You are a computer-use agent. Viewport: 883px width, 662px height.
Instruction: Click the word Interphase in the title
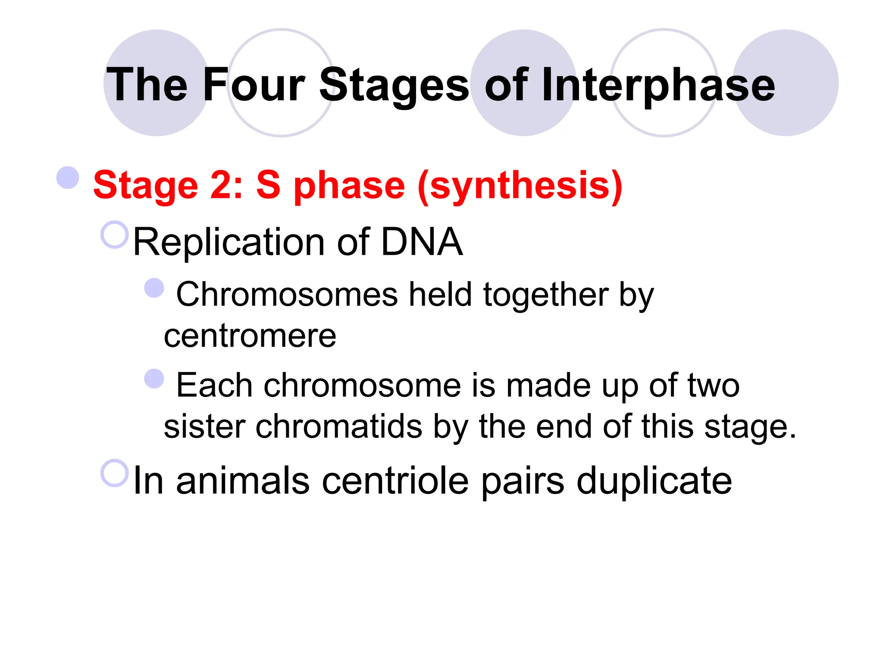pyautogui.click(x=658, y=85)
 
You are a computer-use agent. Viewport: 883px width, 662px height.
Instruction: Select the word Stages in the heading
pyautogui.click(x=394, y=85)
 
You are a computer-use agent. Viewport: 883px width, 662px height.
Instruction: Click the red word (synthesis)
pyautogui.click(x=520, y=185)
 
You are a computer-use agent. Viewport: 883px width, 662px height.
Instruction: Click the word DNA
pyautogui.click(x=422, y=242)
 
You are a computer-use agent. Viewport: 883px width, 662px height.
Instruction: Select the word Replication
pyautogui.click(x=229, y=242)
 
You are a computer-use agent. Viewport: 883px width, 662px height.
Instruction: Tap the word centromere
pyautogui.click(x=250, y=336)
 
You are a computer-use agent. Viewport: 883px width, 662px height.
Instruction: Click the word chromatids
pyautogui.click(x=339, y=427)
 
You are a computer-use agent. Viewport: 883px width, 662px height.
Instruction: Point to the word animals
pyautogui.click(x=243, y=481)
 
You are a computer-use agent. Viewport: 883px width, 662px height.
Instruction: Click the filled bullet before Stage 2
pyautogui.click(x=68, y=177)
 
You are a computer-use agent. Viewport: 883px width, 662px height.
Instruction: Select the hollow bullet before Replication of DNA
pyautogui.click(x=115, y=235)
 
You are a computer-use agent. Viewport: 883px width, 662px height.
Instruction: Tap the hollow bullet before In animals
pyautogui.click(x=115, y=473)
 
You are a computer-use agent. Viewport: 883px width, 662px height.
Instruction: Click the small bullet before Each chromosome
pyautogui.click(x=154, y=379)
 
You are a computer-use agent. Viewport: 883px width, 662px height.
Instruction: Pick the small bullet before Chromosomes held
pyautogui.click(x=154, y=288)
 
